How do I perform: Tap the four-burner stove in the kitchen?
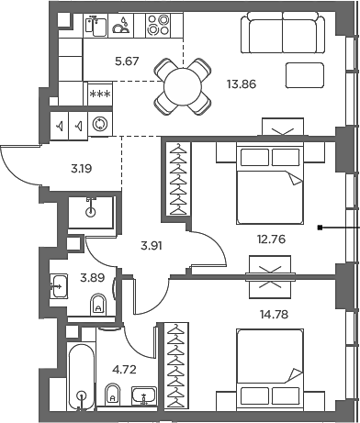(x=158, y=26)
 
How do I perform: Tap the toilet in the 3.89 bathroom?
(x=99, y=305)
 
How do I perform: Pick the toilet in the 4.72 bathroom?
(x=111, y=397)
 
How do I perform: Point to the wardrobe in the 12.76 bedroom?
(x=174, y=195)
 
